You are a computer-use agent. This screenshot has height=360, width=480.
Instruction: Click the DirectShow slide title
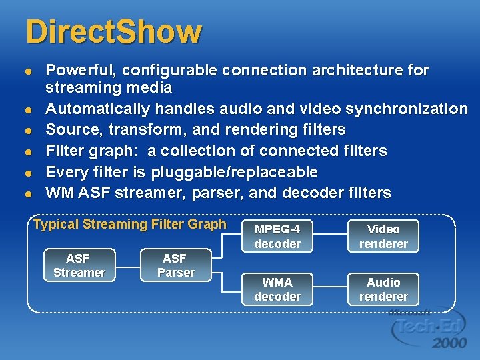(113, 31)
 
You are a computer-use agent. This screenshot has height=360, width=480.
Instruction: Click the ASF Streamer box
(79, 265)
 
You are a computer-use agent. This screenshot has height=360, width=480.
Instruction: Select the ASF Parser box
(176, 265)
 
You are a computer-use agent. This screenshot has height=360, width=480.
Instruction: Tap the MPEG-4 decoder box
(277, 236)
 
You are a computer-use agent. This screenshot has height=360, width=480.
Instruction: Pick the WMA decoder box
(277, 289)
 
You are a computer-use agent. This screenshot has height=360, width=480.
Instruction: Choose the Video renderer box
(383, 236)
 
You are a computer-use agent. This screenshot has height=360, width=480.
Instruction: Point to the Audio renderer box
(383, 289)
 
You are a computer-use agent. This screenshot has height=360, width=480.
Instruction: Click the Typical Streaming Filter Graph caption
(130, 225)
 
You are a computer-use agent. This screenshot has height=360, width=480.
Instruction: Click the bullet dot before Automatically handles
(27, 109)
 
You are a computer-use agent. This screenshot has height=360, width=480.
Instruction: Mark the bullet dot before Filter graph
(27, 152)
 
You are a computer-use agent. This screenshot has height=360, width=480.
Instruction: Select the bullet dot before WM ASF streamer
(27, 194)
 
